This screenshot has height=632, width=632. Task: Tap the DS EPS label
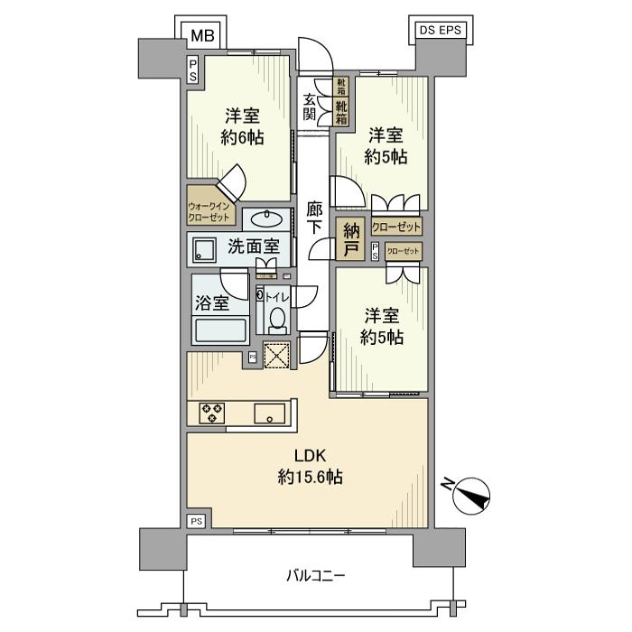tap(441, 30)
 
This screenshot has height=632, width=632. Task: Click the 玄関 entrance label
tap(310, 107)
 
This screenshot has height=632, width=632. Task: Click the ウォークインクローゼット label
tap(212, 212)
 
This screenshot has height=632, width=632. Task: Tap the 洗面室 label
tap(253, 246)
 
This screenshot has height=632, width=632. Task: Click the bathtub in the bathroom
tap(221, 330)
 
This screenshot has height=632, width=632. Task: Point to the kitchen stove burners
tap(213, 413)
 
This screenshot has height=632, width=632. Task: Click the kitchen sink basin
tap(270, 414)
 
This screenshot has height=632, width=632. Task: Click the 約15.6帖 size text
tap(309, 477)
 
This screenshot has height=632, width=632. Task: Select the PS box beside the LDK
tap(196, 521)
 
